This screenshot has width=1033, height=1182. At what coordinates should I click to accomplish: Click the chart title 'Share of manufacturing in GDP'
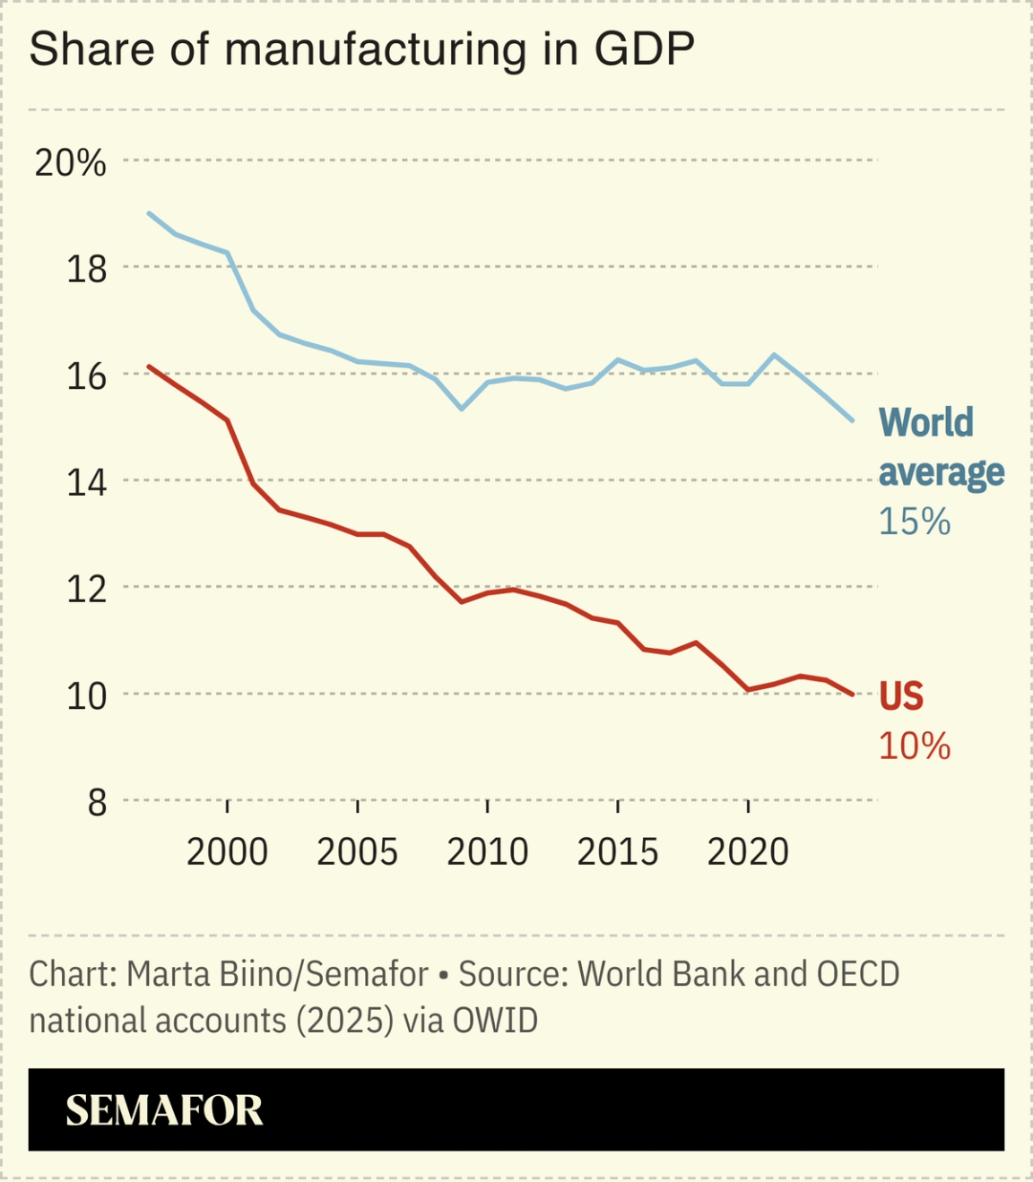[x=361, y=50]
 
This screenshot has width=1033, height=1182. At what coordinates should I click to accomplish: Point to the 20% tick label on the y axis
[x=70, y=163]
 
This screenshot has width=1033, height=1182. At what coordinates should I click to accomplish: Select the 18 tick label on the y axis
[x=86, y=269]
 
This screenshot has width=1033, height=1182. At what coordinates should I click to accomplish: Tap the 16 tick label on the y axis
[x=86, y=375]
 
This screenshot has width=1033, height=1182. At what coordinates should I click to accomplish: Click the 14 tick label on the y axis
[x=86, y=482]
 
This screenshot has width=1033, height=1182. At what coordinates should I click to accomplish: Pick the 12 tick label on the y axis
[x=86, y=589]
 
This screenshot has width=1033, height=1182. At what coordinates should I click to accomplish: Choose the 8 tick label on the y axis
[x=97, y=802]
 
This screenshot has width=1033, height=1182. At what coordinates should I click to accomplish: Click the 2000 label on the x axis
[x=227, y=852]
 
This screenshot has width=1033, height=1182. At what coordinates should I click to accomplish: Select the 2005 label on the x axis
[x=357, y=852]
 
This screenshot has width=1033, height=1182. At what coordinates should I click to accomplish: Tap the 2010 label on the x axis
[x=487, y=852]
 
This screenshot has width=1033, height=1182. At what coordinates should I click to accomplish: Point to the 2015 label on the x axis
[x=617, y=852]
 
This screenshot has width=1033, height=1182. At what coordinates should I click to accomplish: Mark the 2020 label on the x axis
[x=748, y=852]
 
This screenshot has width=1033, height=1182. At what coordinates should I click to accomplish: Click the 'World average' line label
[x=940, y=447]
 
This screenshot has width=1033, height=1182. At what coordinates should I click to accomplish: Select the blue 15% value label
[x=914, y=522]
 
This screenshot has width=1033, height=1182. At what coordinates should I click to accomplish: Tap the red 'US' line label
[x=900, y=696]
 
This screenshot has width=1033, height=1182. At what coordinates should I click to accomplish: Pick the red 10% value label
[x=914, y=746]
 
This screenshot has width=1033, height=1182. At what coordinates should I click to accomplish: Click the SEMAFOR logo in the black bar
[x=164, y=1111]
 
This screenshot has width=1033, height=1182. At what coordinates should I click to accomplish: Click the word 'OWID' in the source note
[x=495, y=1021]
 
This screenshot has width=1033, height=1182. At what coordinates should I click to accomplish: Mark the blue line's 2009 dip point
[x=462, y=409]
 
